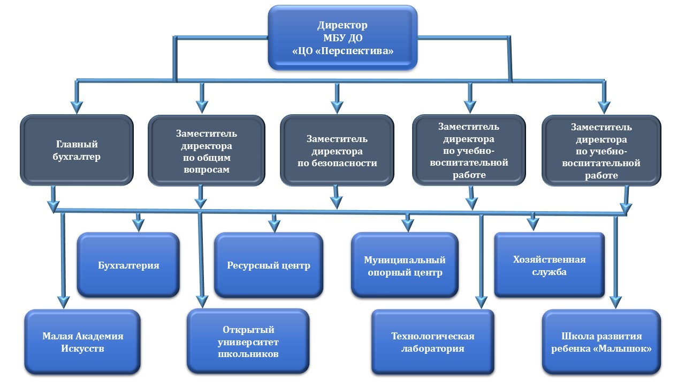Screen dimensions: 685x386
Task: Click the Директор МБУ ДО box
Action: coord(342,38)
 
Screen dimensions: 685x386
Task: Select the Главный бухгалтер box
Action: coord(77,150)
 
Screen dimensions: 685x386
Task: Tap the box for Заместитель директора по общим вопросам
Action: coord(207,151)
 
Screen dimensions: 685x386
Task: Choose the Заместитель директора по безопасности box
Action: coord(337,151)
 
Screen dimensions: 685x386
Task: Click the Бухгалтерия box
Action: coord(128,265)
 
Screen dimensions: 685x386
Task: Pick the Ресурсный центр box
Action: coord(269,265)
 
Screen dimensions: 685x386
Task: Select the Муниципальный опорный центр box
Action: coord(405,265)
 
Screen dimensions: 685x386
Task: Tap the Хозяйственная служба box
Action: coord(549,265)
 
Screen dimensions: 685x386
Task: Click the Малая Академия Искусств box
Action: coord(82,342)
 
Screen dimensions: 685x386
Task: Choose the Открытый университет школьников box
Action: coord(248,342)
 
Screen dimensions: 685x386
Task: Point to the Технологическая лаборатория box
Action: coord(433,342)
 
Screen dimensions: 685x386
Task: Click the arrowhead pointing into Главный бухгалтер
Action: coord(77,107)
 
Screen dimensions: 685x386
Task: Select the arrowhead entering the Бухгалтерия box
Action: coord(138,226)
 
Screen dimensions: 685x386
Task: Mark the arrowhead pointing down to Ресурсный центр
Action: coord(275,226)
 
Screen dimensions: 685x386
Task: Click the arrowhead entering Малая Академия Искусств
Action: coord(63,302)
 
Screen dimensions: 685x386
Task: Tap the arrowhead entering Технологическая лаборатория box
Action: coord(481,302)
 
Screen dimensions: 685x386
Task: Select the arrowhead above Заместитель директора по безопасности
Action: coord(337,107)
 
